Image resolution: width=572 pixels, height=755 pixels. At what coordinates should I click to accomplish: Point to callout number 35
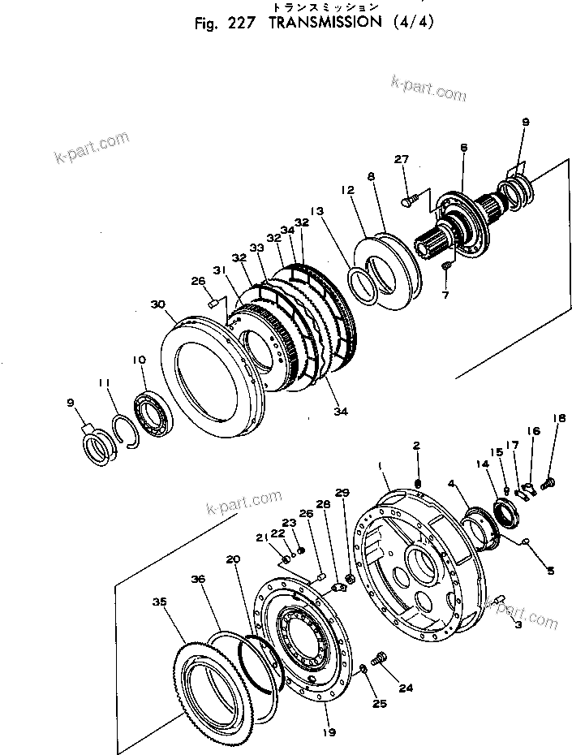coord(161,602)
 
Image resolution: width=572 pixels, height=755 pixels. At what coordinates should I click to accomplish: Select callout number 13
coord(316,211)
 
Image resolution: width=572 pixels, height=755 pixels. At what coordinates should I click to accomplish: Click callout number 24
coord(406,688)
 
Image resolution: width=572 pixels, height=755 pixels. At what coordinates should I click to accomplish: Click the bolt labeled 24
coord(378,659)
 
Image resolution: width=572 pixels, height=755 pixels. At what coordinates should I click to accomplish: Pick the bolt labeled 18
coord(546,482)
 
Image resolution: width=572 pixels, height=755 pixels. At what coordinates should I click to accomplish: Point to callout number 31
coord(220,270)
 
